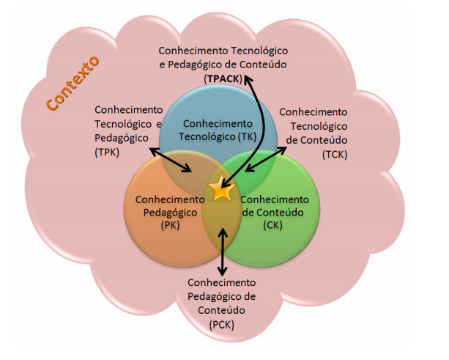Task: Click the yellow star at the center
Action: pyautogui.click(x=221, y=190)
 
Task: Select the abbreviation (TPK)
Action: pyautogui.click(x=106, y=152)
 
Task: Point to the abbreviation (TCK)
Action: pyautogui.click(x=335, y=153)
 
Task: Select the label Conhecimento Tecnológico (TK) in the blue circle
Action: pyautogui.click(x=217, y=130)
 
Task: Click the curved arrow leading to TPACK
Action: pyautogui.click(x=252, y=125)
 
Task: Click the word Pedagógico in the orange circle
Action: pyautogui.click(x=169, y=213)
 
